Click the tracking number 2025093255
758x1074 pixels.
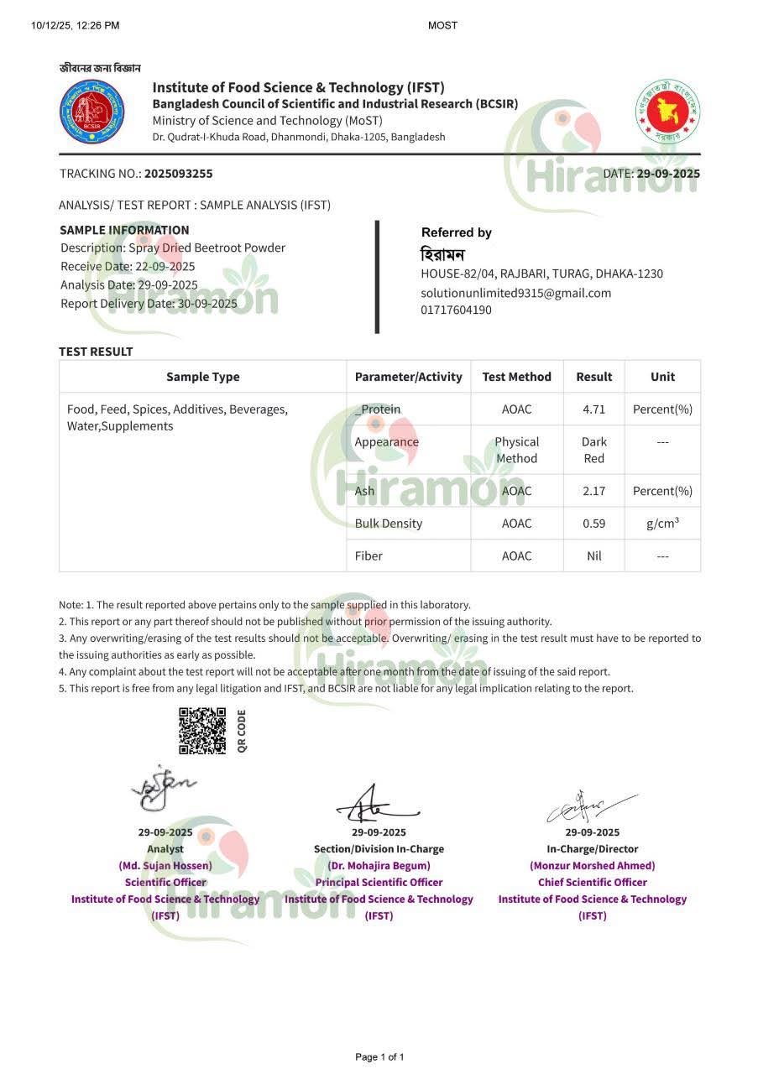point(178,174)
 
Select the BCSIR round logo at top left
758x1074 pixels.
point(91,111)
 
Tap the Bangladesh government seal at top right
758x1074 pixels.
point(667,112)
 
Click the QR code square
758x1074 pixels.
point(202,731)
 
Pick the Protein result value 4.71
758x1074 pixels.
point(593,409)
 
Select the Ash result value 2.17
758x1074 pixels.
point(593,491)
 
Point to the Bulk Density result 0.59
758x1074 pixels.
point(593,524)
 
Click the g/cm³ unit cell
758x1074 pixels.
point(662,524)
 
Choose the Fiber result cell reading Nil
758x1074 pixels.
point(593,555)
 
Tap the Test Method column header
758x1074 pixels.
point(516,377)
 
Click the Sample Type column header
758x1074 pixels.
point(202,377)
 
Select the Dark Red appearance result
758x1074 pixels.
point(593,450)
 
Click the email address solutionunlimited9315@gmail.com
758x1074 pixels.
point(515,293)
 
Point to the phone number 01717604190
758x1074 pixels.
point(456,310)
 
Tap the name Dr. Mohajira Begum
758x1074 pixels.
point(379,865)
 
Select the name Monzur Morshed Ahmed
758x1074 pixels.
point(592,865)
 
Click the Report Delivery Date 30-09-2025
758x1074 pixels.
point(207,304)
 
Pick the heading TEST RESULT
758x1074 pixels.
point(96,352)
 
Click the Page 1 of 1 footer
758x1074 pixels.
point(379,1056)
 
